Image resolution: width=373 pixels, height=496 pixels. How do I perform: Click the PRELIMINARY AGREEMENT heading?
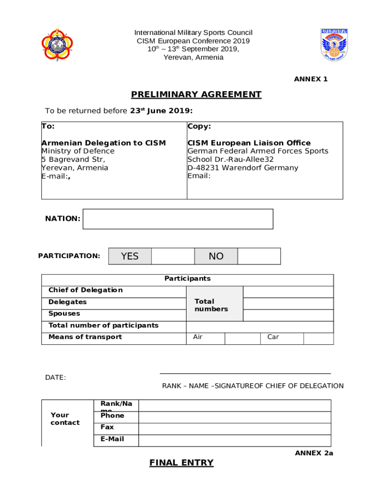click(x=196, y=94)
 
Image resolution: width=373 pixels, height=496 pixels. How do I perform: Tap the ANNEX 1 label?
click(x=311, y=79)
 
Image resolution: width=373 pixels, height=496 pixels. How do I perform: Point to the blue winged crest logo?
click(x=334, y=45)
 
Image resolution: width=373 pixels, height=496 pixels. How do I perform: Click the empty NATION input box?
click(x=178, y=219)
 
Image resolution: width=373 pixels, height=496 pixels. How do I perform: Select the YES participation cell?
click(x=130, y=256)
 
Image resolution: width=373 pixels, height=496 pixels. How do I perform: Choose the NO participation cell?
click(x=216, y=256)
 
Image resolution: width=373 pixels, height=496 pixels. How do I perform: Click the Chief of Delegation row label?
click(x=85, y=290)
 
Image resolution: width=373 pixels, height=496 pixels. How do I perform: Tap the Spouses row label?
click(x=64, y=313)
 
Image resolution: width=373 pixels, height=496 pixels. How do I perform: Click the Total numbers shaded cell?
click(x=214, y=305)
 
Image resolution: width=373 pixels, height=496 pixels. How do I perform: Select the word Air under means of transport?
click(x=198, y=337)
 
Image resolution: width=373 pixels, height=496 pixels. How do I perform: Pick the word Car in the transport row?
click(x=273, y=337)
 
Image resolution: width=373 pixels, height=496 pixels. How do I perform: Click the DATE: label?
click(x=56, y=377)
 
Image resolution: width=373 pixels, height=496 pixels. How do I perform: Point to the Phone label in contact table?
click(x=112, y=416)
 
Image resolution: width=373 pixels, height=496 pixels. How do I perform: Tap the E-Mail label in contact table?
click(x=112, y=439)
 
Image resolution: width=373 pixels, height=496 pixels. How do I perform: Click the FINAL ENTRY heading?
click(x=181, y=463)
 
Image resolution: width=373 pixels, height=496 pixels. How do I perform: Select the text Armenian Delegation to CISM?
click(x=104, y=143)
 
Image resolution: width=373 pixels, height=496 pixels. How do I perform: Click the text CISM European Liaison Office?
click(x=249, y=143)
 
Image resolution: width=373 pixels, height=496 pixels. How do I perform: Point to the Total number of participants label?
click(x=103, y=325)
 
